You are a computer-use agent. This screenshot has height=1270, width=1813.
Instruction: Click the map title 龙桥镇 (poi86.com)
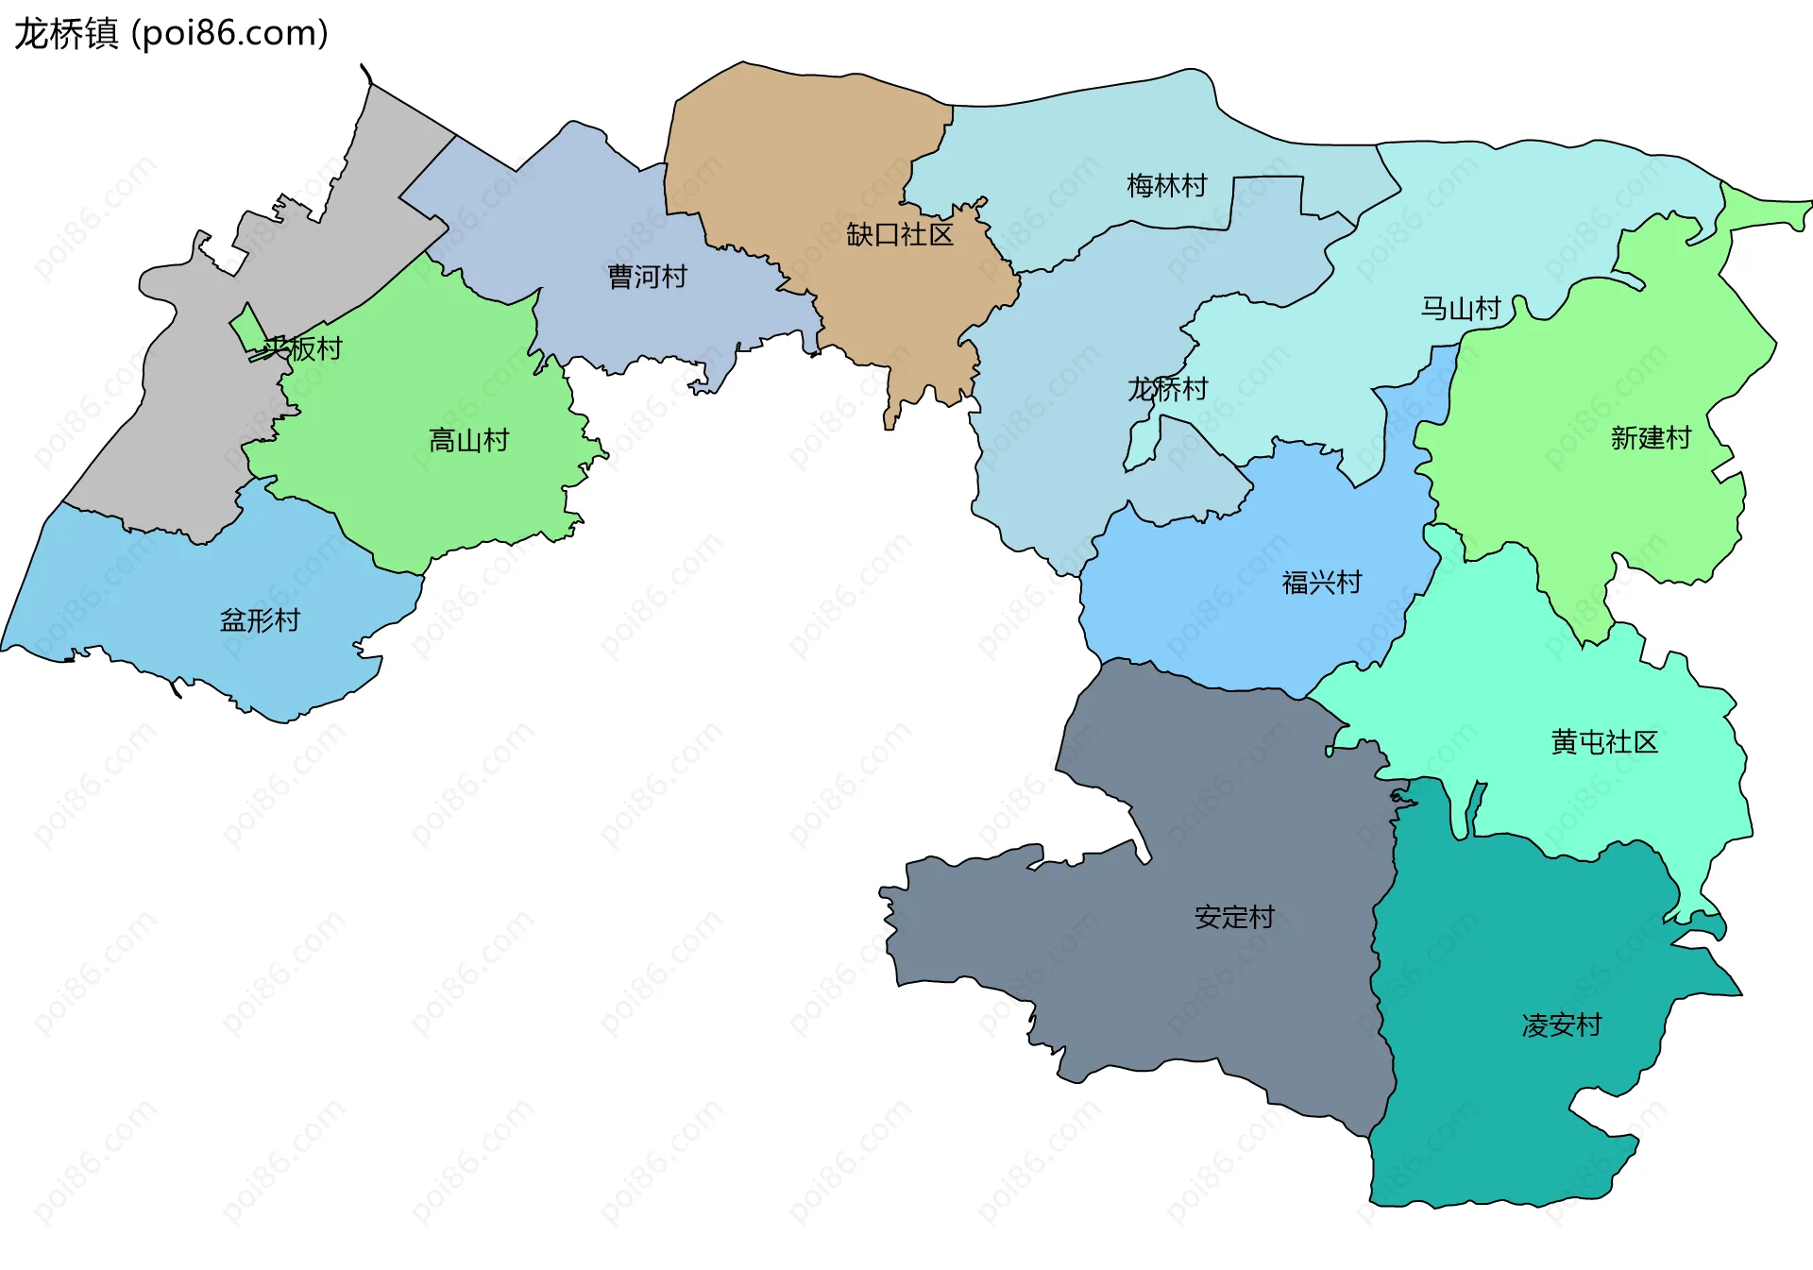tap(171, 33)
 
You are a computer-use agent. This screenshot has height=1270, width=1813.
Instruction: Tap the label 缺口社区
tap(899, 234)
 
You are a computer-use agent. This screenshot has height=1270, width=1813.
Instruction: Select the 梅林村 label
tap(1166, 186)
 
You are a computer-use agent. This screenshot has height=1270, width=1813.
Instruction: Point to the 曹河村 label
tap(647, 277)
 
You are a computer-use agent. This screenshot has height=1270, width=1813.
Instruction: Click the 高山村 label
tap(468, 440)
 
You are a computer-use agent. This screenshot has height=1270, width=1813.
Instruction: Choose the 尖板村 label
tap(302, 348)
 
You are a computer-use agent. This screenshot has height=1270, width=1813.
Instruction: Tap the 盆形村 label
tap(260, 620)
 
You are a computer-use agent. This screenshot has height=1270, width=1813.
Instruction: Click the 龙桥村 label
tap(1167, 389)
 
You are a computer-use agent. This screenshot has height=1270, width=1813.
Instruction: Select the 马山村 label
tap(1460, 309)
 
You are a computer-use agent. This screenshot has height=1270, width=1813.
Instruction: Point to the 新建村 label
tap(1650, 438)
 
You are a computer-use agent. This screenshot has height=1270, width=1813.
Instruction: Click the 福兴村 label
tap(1321, 583)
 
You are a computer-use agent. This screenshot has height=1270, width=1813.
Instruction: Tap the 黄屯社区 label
tap(1603, 742)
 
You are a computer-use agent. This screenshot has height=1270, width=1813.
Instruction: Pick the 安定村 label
tap(1233, 917)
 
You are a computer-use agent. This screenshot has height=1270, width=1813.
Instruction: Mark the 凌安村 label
tap(1561, 1025)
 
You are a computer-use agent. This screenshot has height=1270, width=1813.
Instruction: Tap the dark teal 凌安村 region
tap(1511, 1114)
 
